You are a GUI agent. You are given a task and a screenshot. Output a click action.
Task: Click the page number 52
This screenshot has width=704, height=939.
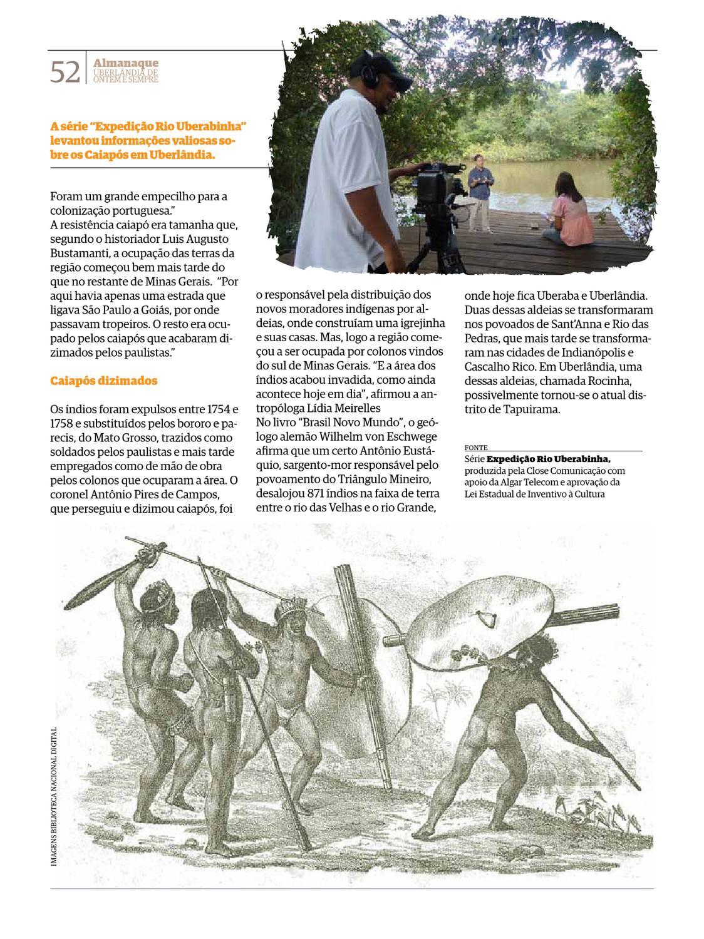65,73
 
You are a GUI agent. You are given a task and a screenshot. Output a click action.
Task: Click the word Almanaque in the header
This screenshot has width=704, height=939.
125,63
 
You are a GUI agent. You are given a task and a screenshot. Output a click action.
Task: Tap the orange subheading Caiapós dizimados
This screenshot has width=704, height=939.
103,381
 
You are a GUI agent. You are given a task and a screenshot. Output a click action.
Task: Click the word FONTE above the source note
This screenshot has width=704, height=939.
476,448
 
